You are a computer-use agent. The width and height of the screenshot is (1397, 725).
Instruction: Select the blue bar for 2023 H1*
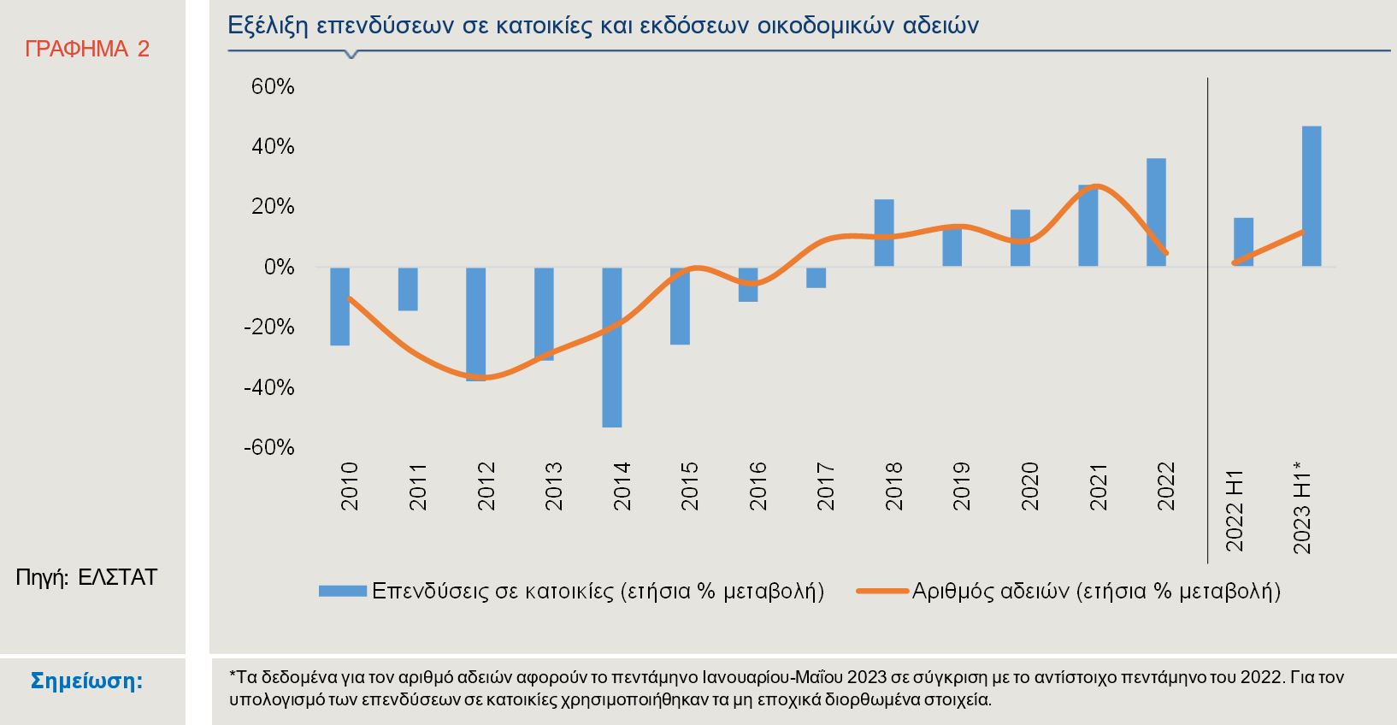[1311, 196]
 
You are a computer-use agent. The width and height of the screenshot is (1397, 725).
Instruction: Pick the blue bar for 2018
[884, 233]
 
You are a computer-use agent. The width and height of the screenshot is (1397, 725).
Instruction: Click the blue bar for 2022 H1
[1243, 242]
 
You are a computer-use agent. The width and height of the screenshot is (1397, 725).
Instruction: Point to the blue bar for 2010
[340, 305]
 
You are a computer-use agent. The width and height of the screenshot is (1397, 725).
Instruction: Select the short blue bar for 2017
[816, 277]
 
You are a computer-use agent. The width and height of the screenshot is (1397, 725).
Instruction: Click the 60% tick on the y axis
[273, 87]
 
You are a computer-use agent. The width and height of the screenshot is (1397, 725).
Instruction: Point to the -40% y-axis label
[269, 387]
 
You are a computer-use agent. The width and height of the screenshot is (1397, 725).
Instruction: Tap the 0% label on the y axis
[278, 268]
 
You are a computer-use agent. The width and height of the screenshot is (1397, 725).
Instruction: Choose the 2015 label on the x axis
[690, 486]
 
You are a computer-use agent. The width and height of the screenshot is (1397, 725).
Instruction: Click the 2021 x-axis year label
[1099, 486]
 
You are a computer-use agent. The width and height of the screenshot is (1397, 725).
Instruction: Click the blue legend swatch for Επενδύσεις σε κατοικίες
[342, 591]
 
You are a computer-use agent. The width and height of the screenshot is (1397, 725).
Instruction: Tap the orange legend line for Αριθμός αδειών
[881, 591]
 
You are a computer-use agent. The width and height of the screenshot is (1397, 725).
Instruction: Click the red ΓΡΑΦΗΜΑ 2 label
[87, 50]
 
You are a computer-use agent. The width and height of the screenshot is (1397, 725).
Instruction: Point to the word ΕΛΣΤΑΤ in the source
[118, 577]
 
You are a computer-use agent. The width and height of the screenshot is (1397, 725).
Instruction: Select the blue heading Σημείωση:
[87, 681]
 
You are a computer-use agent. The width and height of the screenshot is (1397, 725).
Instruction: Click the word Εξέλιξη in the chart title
[268, 26]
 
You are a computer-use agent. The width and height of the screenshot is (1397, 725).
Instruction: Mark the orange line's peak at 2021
[1098, 186]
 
